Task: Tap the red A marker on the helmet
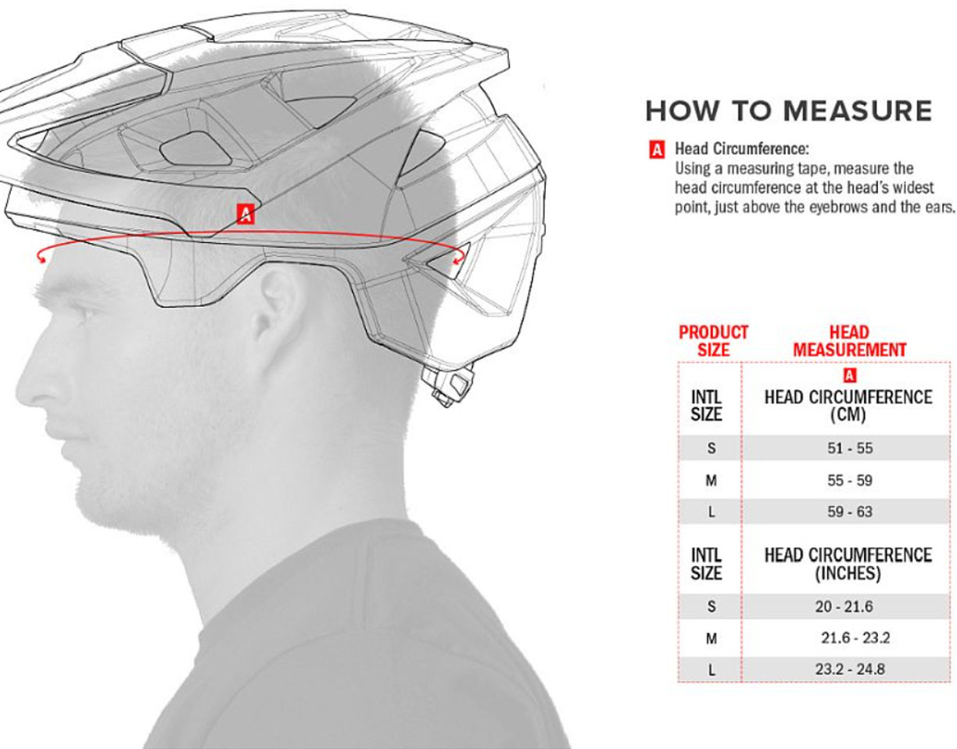pyautogui.click(x=246, y=213)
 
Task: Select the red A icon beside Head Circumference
pyautogui.click(x=656, y=149)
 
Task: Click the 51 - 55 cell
pyautogui.click(x=850, y=448)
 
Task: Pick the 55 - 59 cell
pyautogui.click(x=850, y=480)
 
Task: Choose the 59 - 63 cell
pyautogui.click(x=850, y=511)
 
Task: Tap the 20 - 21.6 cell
pyautogui.click(x=844, y=607)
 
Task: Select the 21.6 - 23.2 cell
pyautogui.click(x=855, y=638)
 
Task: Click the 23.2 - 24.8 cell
pyautogui.click(x=850, y=669)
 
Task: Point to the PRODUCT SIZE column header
pyautogui.click(x=714, y=341)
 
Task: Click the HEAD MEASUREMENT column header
pyautogui.click(x=850, y=341)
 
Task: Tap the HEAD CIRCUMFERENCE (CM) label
pyautogui.click(x=848, y=406)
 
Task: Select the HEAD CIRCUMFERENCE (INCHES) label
pyautogui.click(x=848, y=564)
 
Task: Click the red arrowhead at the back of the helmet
pyautogui.click(x=458, y=260)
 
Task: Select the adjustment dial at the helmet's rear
pyautogui.click(x=447, y=382)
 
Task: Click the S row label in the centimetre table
pyautogui.click(x=711, y=448)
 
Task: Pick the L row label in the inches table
pyautogui.click(x=711, y=670)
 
